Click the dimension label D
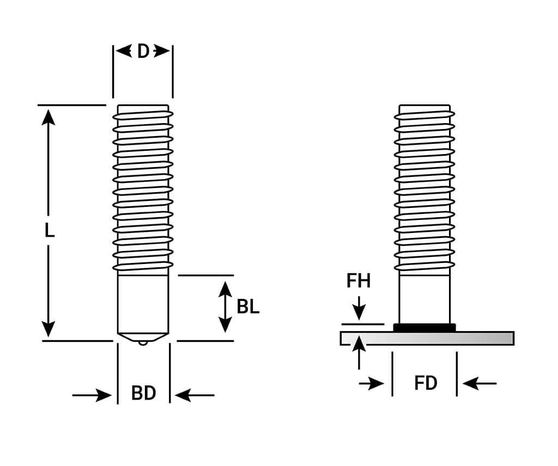[143, 51]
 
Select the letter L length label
[49, 231]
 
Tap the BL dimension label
[248, 307]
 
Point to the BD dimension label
[144, 393]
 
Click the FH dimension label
[359, 281]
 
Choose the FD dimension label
[426, 383]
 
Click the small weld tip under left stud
[143, 342]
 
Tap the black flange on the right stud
[424, 327]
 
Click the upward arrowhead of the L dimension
[48, 116]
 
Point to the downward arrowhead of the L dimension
[48, 329]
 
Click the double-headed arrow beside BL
[225, 307]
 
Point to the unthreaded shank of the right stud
[424, 299]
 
